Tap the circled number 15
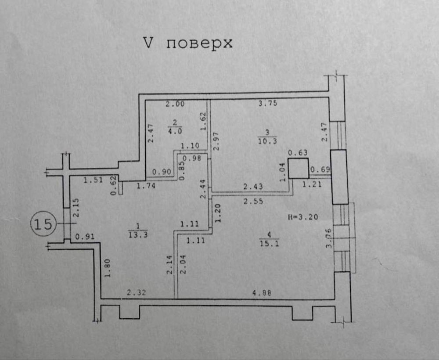coord(43,224)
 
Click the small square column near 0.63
coord(298,168)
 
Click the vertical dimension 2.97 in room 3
coord(216,141)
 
